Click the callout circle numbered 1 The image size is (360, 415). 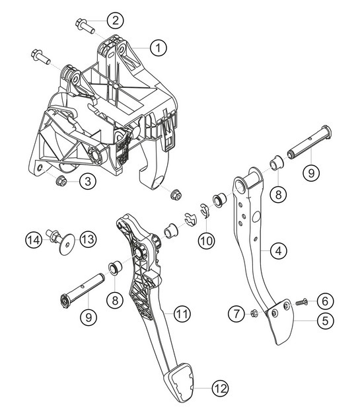point(157,47)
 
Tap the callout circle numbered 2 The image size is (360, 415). point(116,20)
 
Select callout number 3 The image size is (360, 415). point(86,180)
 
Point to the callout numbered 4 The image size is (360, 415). point(279,250)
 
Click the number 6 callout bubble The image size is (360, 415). point(323,301)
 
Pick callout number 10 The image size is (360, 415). point(205,240)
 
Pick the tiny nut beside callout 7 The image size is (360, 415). point(253,313)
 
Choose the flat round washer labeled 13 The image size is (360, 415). point(66,245)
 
